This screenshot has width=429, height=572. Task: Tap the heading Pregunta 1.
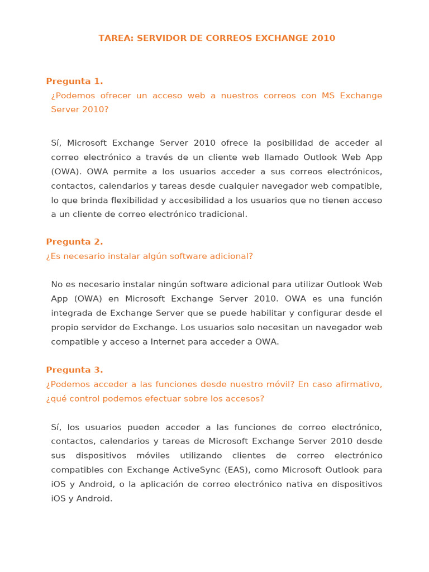pyautogui.click(x=74, y=82)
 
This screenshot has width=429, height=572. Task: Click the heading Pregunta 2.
pyautogui.click(x=74, y=242)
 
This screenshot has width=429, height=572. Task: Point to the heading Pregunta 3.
pyautogui.click(x=74, y=370)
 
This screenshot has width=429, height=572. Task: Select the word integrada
pyautogui.click(x=72, y=313)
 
